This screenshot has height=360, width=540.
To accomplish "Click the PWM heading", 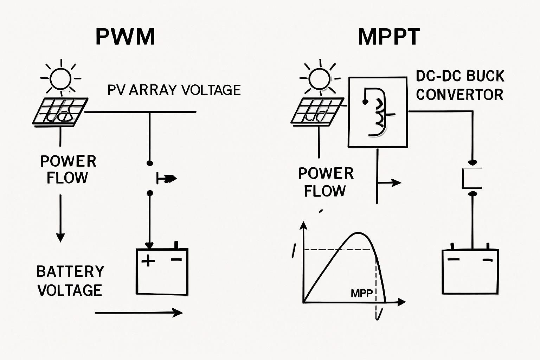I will pyautogui.click(x=125, y=37).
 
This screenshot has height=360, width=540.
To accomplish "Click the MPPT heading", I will pyautogui.click(x=389, y=37).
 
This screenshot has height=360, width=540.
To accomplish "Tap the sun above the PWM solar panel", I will pyautogui.click(x=61, y=78).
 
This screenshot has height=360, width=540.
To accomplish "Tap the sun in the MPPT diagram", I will pyautogui.click(x=320, y=78).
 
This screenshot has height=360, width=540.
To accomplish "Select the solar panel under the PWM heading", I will pyautogui.click(x=60, y=111).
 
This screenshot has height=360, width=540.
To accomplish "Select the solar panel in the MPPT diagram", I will pyautogui.click(x=317, y=111).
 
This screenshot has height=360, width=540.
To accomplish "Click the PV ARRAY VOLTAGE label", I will pyautogui.click(x=174, y=90).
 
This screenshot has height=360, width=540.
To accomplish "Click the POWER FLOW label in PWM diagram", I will pyautogui.click(x=68, y=169).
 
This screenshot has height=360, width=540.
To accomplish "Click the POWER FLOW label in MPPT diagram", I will pyautogui.click(x=326, y=182).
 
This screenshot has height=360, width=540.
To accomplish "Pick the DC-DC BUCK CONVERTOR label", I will pyautogui.click(x=460, y=85).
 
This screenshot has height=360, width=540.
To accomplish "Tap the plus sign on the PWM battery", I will pyautogui.click(x=148, y=261).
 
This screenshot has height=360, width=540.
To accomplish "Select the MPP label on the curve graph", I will pyautogui.click(x=361, y=293).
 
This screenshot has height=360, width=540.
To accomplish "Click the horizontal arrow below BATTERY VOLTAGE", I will pyautogui.click(x=139, y=312).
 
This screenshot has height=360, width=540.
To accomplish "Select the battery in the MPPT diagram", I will pyautogui.click(x=470, y=271).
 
